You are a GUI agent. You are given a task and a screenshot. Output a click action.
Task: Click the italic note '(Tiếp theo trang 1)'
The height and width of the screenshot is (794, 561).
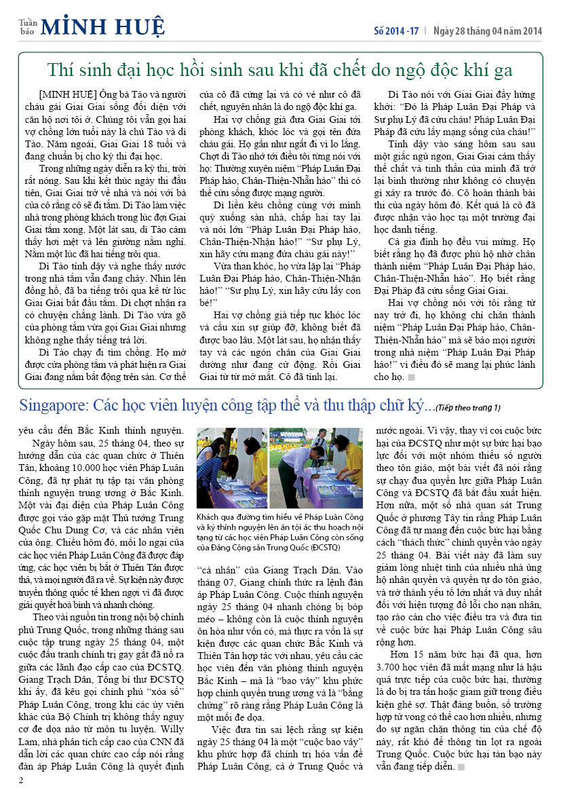(468, 408)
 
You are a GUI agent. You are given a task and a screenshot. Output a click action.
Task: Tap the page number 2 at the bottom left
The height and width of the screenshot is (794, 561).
(21, 780)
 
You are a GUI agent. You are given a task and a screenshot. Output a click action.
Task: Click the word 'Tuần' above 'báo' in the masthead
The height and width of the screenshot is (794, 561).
(27, 21)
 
